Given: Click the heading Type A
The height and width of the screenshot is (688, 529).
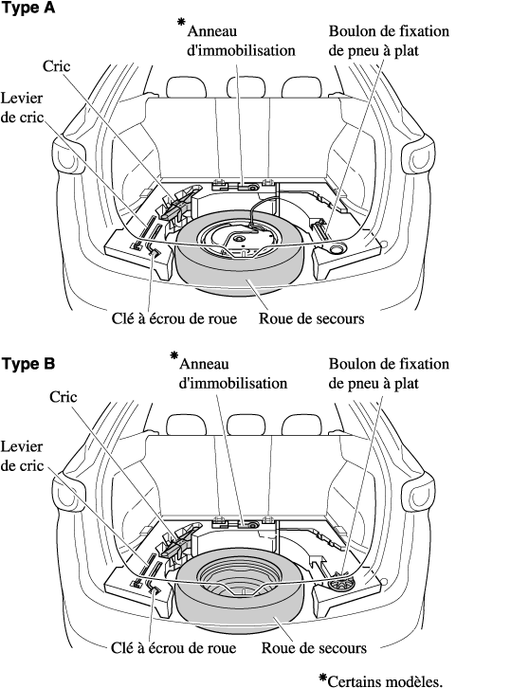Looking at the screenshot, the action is click(x=28, y=9).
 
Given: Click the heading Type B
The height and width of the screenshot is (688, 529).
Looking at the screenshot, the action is click(x=28, y=364).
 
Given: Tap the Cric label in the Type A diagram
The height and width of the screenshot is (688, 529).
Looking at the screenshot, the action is click(x=56, y=65).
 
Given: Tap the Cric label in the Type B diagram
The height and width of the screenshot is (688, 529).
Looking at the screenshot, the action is click(x=64, y=397).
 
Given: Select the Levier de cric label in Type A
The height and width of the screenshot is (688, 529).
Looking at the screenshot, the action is click(x=22, y=107).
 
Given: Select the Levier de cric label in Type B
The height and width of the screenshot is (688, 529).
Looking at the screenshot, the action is click(x=22, y=456).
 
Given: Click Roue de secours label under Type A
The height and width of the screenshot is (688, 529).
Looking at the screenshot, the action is click(x=311, y=318).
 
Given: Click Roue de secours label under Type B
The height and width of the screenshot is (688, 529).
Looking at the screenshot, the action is click(x=314, y=648).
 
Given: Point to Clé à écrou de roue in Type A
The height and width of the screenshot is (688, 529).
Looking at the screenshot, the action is click(x=173, y=318).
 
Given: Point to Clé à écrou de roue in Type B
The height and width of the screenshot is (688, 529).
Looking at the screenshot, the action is click(x=173, y=648).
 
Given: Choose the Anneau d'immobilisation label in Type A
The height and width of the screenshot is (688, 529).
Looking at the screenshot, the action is click(x=241, y=41).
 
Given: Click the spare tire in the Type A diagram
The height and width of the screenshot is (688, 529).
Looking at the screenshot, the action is click(x=239, y=267).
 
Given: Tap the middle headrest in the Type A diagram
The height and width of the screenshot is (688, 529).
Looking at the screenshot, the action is click(x=246, y=87).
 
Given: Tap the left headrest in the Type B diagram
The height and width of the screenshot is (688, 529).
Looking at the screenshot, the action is click(x=186, y=425).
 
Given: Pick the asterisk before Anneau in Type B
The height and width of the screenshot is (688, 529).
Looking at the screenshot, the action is click(x=174, y=355).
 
